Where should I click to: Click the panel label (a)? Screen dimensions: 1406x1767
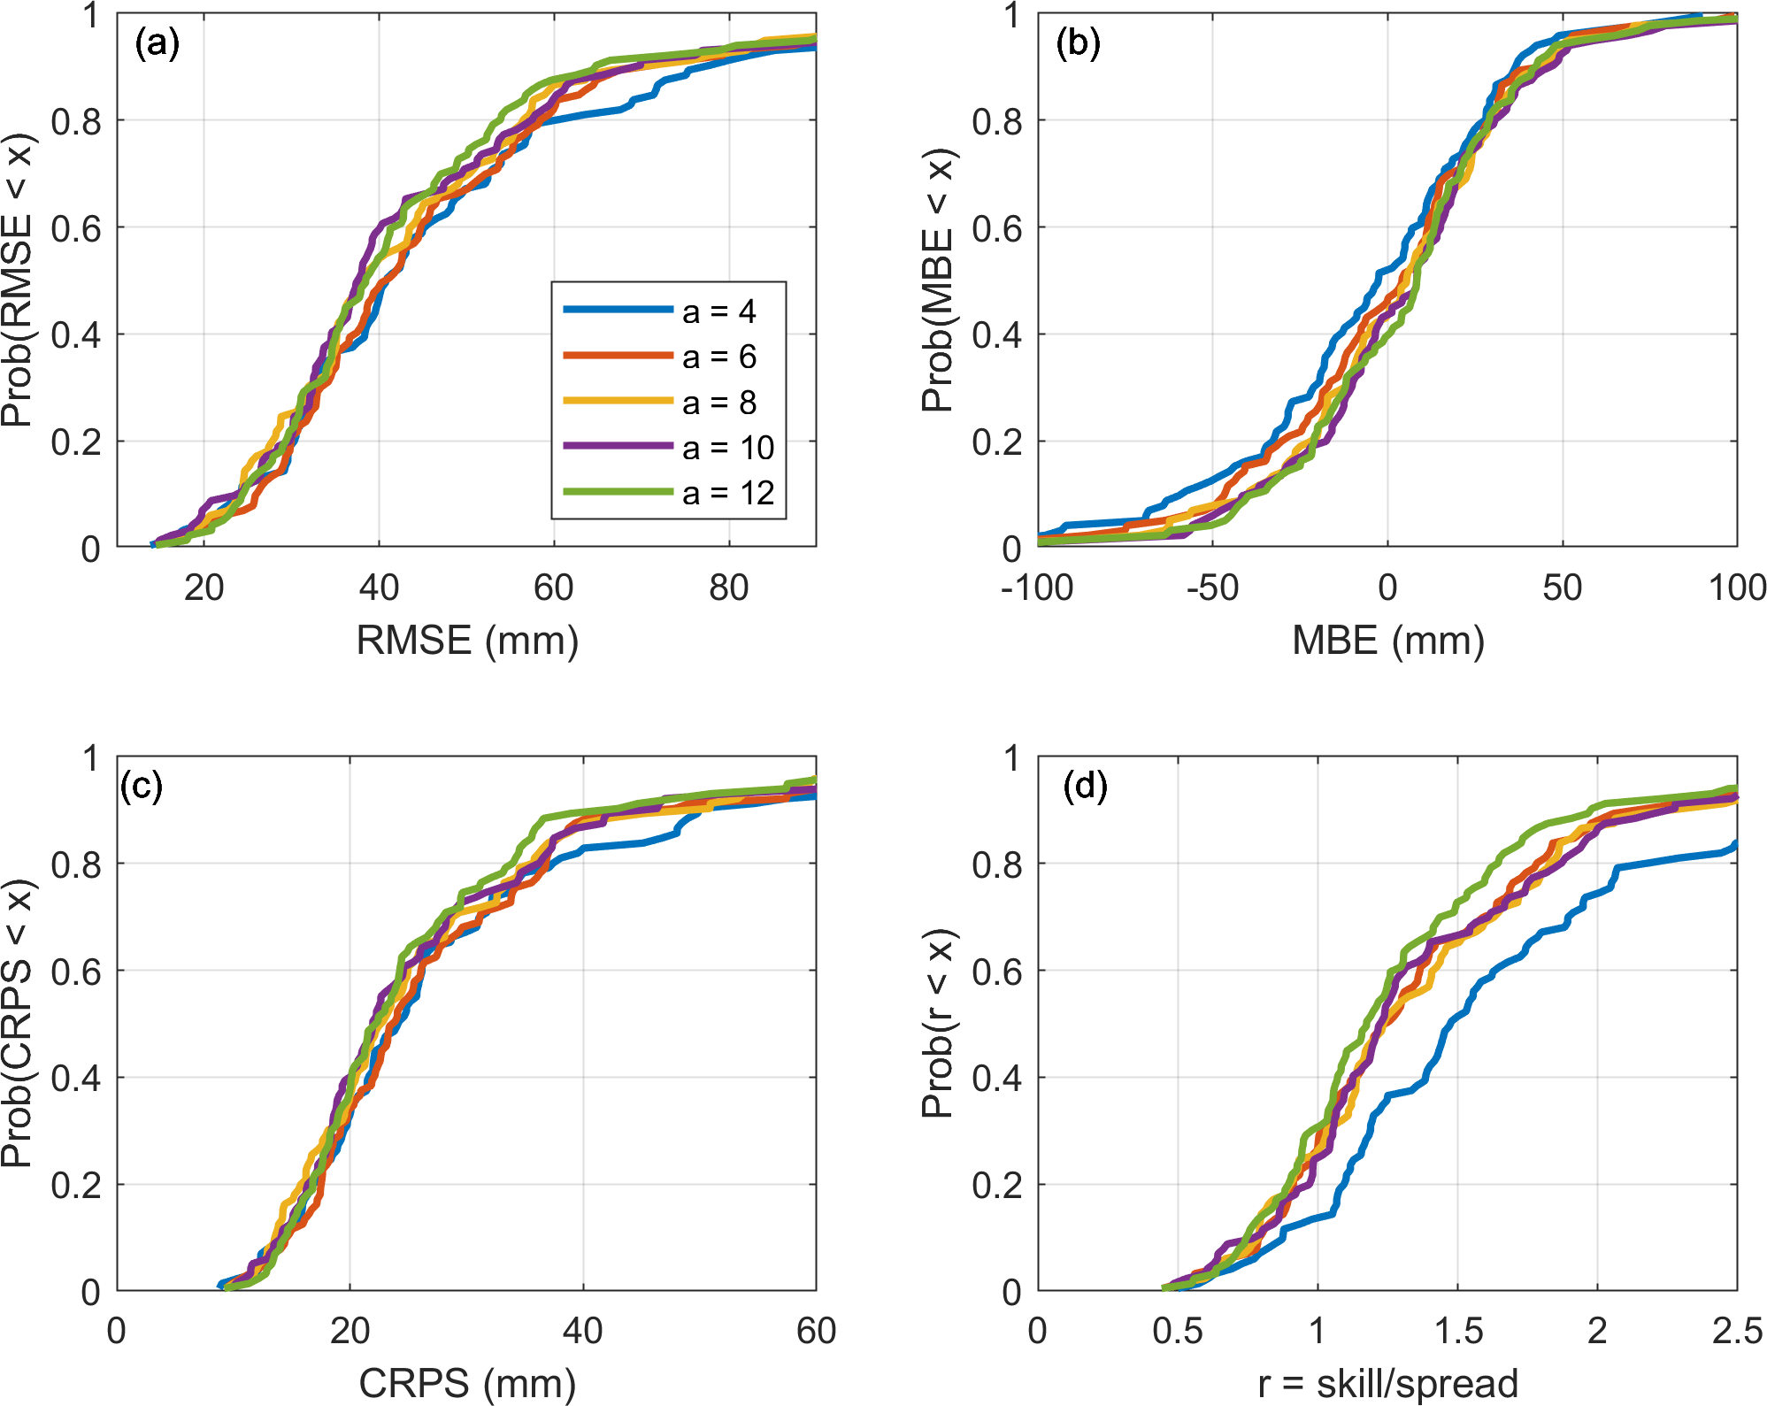(x=157, y=42)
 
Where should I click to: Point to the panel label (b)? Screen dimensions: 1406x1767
(x=1078, y=42)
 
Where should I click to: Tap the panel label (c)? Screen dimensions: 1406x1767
(x=142, y=786)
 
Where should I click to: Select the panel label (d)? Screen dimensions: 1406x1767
(x=1085, y=786)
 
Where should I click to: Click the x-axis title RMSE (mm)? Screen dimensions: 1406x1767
(x=467, y=640)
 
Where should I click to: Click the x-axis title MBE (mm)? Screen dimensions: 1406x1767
(x=1387, y=640)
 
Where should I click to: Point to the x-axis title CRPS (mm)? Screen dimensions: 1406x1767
(x=467, y=1383)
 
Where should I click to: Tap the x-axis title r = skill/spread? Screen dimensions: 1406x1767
(x=1387, y=1383)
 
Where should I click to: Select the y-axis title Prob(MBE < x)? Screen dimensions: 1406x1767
(x=938, y=280)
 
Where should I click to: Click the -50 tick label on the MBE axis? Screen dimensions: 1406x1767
(x=1212, y=588)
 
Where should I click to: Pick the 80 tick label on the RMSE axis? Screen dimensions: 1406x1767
(x=728, y=588)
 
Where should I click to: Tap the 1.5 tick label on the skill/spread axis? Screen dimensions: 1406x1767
(x=1457, y=1331)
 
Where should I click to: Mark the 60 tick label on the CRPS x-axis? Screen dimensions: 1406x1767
(x=816, y=1331)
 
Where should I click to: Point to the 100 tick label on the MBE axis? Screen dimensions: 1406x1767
(x=1737, y=588)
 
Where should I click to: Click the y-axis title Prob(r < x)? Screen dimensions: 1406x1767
(x=938, y=1023)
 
